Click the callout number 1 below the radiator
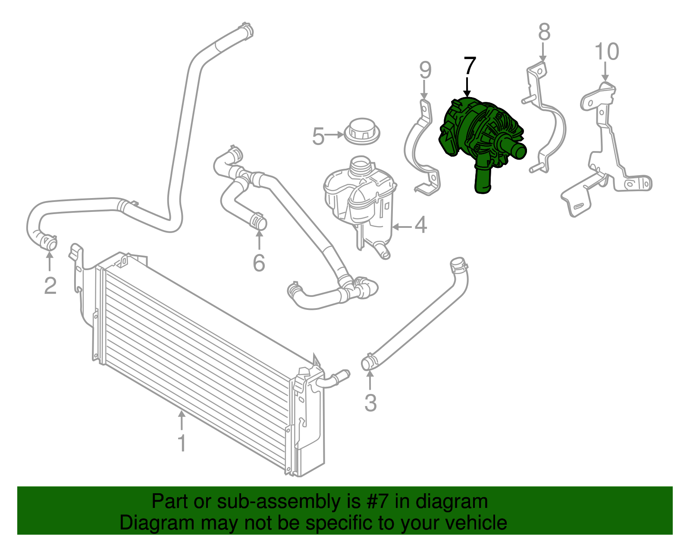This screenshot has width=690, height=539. click(182, 443)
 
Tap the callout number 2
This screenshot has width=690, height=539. click(50, 286)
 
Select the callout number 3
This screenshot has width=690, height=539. click(370, 403)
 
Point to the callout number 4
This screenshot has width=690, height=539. click(420, 225)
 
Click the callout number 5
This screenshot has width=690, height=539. click(318, 136)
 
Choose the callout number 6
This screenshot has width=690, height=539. click(259, 263)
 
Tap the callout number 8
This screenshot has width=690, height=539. click(544, 32)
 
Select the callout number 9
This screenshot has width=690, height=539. click(425, 70)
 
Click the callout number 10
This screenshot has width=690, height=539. click(607, 52)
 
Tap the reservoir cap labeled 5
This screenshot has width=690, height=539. click(362, 131)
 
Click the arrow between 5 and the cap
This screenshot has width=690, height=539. click(334, 135)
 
